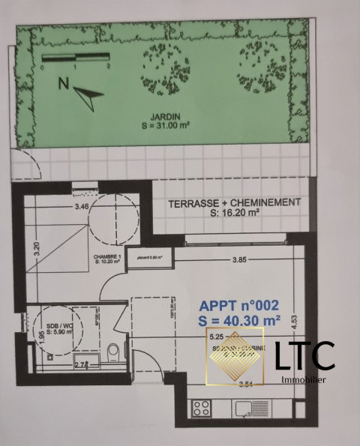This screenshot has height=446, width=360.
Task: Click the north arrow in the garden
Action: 88,93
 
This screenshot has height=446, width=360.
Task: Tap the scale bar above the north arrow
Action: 76,58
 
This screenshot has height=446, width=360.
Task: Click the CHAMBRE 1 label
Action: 107,257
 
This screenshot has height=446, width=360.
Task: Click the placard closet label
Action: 150,259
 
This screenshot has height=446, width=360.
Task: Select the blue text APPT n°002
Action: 238,306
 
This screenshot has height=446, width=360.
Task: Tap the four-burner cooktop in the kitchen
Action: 202,408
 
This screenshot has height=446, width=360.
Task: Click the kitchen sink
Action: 244,408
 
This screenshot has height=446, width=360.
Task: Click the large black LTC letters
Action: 303,357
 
